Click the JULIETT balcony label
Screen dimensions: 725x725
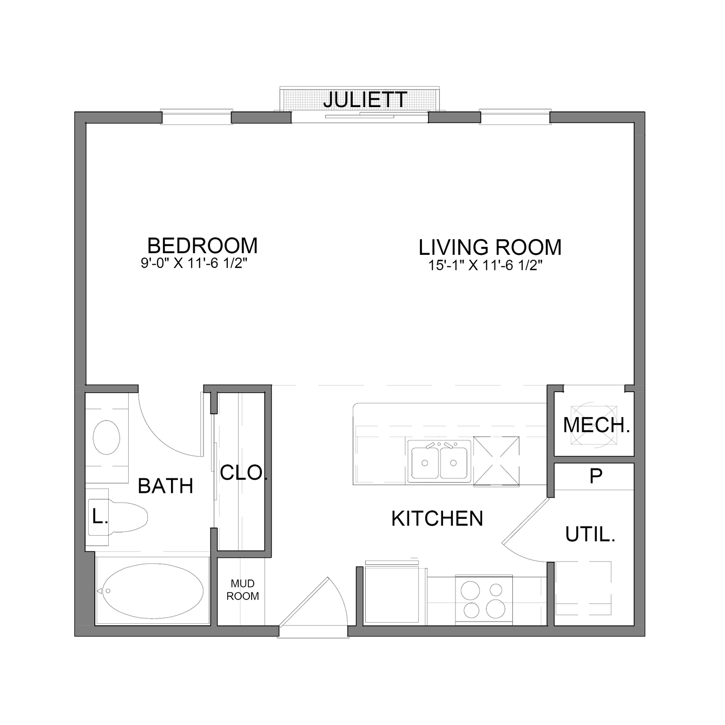pos(365,100)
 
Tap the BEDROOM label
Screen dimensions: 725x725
pos(202,246)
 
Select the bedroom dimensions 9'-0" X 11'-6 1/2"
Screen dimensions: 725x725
pos(194,263)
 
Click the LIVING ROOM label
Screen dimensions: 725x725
pos(490,247)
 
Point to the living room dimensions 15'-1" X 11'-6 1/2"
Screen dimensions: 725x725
pos(485,266)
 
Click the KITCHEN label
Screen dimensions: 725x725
pos(437,518)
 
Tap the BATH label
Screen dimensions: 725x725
pos(166,486)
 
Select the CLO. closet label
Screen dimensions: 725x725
pos(243,472)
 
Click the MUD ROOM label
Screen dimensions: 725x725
pos(243,590)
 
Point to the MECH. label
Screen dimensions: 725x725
pos(596,425)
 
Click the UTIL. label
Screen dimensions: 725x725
pos(590,534)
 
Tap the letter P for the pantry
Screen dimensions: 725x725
pos(596,476)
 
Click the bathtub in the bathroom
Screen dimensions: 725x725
pos(153,591)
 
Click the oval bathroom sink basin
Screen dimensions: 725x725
pos(107,438)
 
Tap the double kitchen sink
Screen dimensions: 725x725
pos(439,462)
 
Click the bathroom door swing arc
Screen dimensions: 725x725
pos(162,437)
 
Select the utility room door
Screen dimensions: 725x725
pos(526,521)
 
